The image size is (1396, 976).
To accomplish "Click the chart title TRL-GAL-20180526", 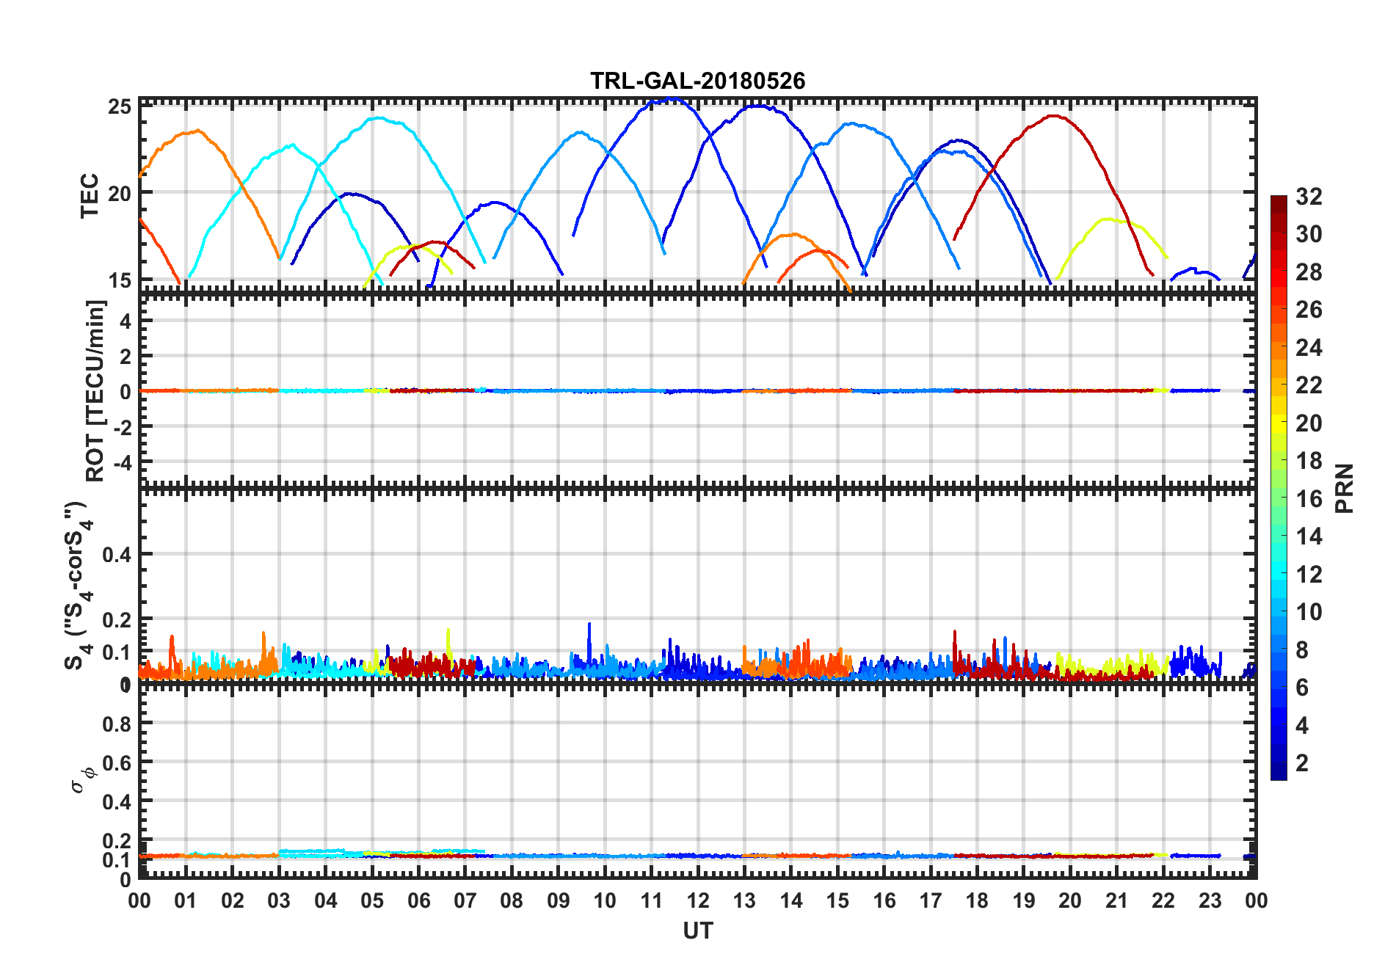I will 697,81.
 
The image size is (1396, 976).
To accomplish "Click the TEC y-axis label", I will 90,196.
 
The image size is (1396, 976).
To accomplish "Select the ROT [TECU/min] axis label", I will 95,390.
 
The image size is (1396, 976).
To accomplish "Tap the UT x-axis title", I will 697,931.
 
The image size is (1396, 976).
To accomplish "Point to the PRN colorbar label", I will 1345,488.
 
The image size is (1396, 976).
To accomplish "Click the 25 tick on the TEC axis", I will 120,107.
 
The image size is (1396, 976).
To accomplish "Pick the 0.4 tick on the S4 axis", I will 117,555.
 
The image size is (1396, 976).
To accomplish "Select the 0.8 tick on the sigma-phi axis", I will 117,724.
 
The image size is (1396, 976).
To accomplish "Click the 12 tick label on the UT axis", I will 698,901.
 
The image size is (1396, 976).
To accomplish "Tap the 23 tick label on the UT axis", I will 1210,901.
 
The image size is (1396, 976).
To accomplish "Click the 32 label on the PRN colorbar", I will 1309,197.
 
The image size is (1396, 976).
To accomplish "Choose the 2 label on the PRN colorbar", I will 1302,763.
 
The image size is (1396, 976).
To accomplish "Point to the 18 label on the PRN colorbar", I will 1309,461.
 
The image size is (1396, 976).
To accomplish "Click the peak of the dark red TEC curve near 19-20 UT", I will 1054,115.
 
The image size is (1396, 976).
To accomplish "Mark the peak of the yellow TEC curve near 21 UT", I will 1107,219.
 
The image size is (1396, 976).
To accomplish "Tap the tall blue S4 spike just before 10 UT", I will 589,624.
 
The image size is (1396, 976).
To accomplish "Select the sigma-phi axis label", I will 83,779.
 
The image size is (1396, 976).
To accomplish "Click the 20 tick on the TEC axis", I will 120,194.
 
